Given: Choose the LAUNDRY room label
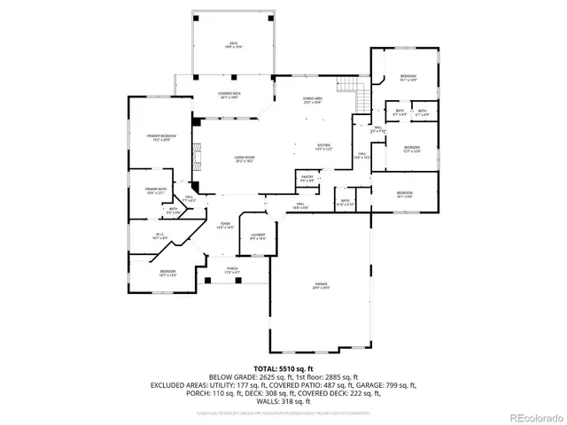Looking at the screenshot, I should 258,236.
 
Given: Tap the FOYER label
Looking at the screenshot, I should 226,225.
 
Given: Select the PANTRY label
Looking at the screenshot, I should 307,179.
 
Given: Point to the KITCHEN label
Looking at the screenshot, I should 325,147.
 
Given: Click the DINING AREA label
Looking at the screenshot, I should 312,100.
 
